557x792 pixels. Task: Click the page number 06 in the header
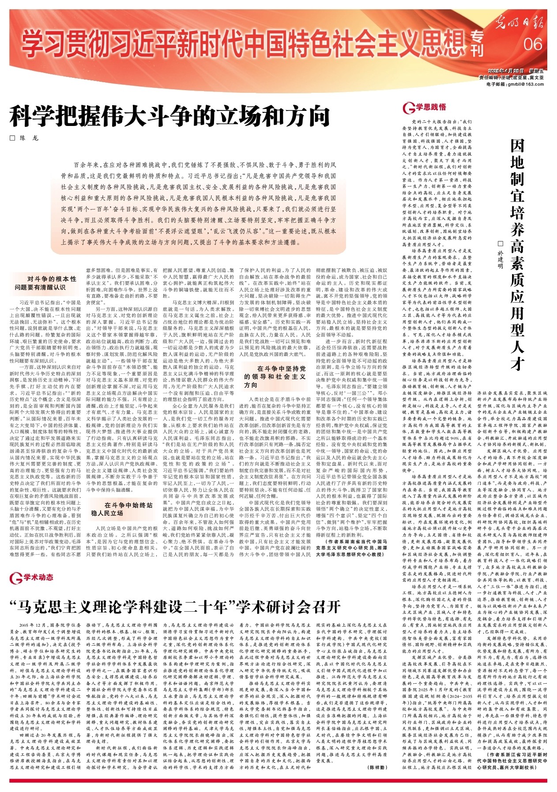click(x=533, y=44)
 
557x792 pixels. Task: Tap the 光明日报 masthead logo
click(x=519, y=21)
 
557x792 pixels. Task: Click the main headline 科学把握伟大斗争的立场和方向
click(x=170, y=117)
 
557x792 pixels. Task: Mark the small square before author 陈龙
click(x=12, y=138)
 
